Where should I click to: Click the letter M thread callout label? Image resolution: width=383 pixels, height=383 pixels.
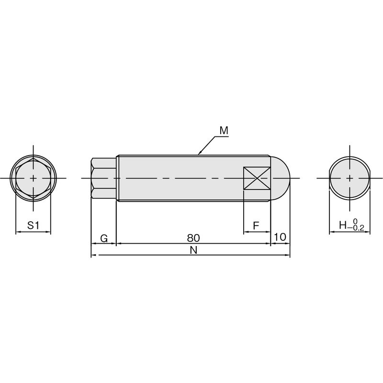click(x=224, y=130)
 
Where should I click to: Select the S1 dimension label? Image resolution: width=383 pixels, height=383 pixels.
click(x=33, y=225)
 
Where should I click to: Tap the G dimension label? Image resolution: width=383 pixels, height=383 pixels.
click(x=104, y=238)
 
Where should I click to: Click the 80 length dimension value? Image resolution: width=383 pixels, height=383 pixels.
click(x=193, y=238)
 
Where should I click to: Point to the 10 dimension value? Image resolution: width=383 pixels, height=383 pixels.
click(x=280, y=237)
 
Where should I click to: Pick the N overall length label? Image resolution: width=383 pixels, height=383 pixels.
click(x=193, y=250)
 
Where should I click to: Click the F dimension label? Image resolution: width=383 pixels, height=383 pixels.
click(x=256, y=225)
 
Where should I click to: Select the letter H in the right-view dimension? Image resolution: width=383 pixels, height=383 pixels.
click(x=343, y=225)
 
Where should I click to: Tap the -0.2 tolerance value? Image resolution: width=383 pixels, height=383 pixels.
click(x=356, y=228)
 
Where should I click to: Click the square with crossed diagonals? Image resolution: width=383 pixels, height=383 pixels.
click(x=257, y=178)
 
